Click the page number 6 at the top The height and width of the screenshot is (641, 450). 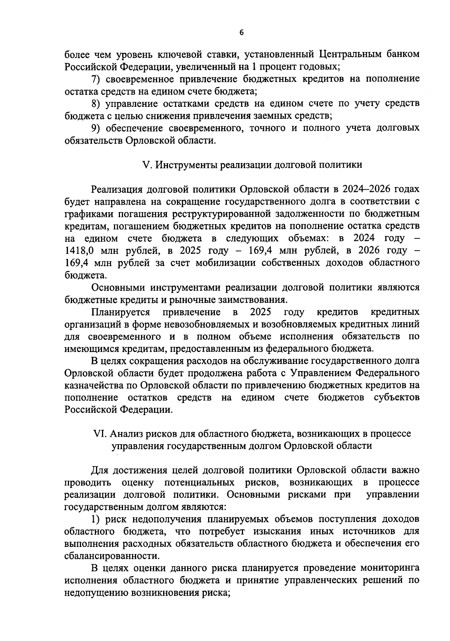[x=241, y=33]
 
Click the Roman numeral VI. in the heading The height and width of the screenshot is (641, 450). [x=100, y=434]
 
